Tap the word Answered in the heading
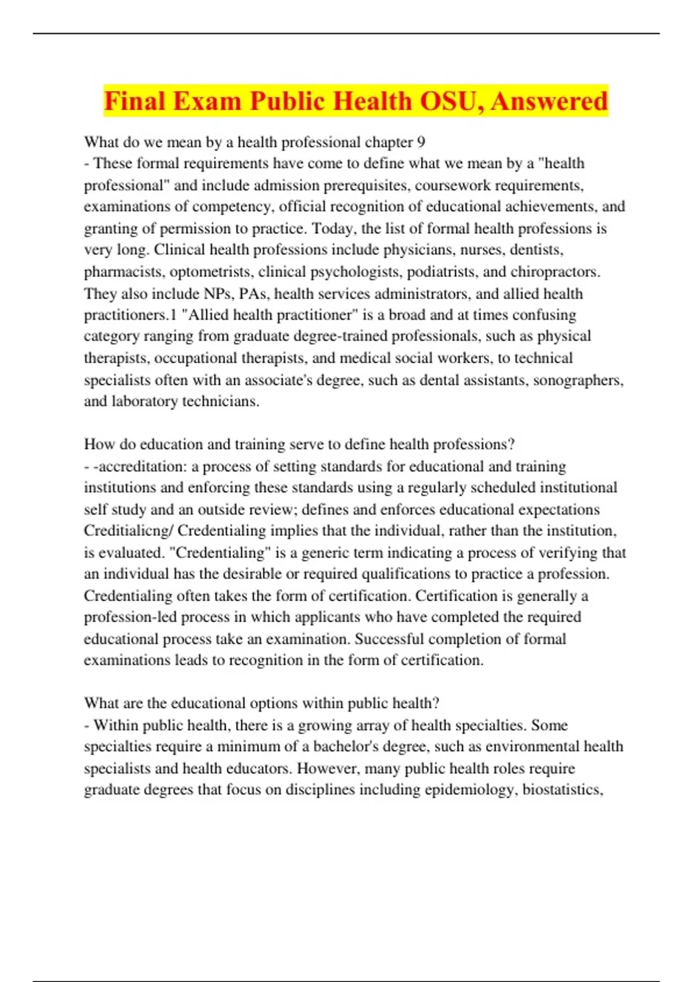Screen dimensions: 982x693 pos(549,101)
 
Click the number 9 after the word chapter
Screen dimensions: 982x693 pos(420,142)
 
